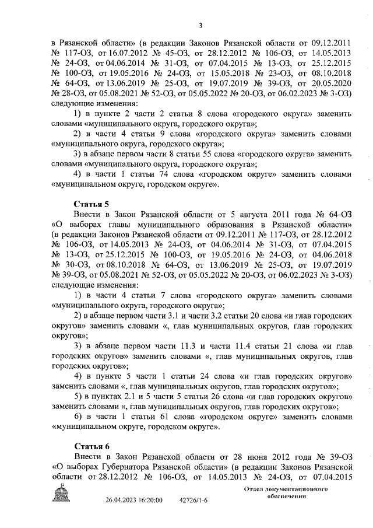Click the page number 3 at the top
tap(200, 25)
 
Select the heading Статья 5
tap(92, 204)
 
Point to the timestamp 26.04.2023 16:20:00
tap(134, 500)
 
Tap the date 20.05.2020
tap(331, 86)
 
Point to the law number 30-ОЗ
tap(69, 264)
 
